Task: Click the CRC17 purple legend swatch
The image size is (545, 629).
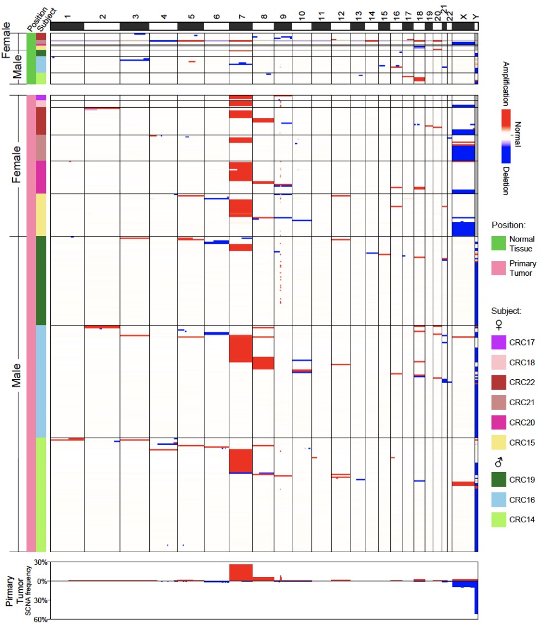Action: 499,342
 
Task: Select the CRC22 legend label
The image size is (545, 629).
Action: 522,382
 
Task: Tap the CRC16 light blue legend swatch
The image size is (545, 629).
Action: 499,500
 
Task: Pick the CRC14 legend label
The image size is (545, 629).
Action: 522,520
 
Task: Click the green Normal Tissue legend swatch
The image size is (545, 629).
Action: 499,244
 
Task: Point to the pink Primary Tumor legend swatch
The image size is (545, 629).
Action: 499,268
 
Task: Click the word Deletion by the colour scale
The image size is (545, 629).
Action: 505,179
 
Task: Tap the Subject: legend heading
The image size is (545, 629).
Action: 506,311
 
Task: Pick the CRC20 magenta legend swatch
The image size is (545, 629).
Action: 499,423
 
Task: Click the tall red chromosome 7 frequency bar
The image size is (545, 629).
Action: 240,573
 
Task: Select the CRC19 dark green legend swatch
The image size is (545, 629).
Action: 499,479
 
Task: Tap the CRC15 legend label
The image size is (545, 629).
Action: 522,443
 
